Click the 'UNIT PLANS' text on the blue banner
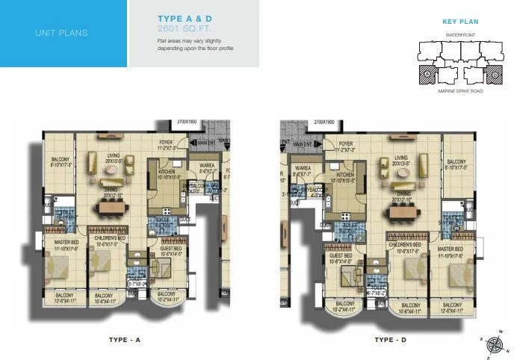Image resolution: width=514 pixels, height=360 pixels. point(62,33)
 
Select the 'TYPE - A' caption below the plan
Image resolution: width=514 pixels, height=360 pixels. point(125,341)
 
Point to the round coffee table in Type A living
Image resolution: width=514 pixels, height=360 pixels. point(111,171)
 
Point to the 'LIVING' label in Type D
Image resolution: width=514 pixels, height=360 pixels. point(400,158)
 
